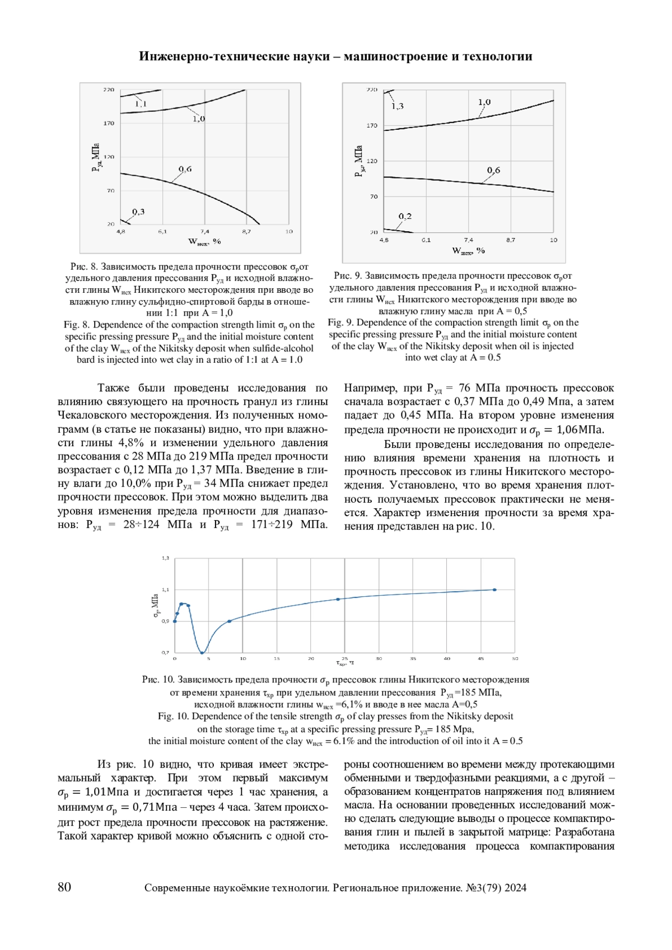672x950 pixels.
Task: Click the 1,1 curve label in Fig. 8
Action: click(x=141, y=104)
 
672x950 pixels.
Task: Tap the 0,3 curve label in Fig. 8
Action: click(x=138, y=212)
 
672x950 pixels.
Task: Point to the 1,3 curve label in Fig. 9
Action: click(x=397, y=106)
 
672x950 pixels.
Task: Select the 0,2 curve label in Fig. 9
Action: click(x=405, y=216)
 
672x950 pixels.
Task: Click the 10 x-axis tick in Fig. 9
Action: click(x=553, y=240)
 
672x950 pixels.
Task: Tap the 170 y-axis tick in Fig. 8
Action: click(x=108, y=123)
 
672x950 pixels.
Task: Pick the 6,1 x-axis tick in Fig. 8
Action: click(x=162, y=231)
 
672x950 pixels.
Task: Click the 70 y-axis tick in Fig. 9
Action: click(x=374, y=196)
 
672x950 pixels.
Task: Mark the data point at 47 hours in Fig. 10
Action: click(x=494, y=589)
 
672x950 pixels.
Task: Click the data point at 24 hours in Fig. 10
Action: click(x=338, y=599)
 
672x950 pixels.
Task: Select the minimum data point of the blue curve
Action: click(x=202, y=652)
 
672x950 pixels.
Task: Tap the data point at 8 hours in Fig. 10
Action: click(x=229, y=621)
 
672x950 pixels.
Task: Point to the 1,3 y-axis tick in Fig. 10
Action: click(x=165, y=558)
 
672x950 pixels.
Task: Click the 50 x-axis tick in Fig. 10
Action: click(x=515, y=658)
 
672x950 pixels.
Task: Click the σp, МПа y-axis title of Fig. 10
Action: click(x=155, y=606)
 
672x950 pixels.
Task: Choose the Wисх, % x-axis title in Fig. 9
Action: click(x=469, y=251)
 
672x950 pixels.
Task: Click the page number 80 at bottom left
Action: click(x=64, y=887)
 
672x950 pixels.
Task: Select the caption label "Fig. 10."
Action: click(x=173, y=716)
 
